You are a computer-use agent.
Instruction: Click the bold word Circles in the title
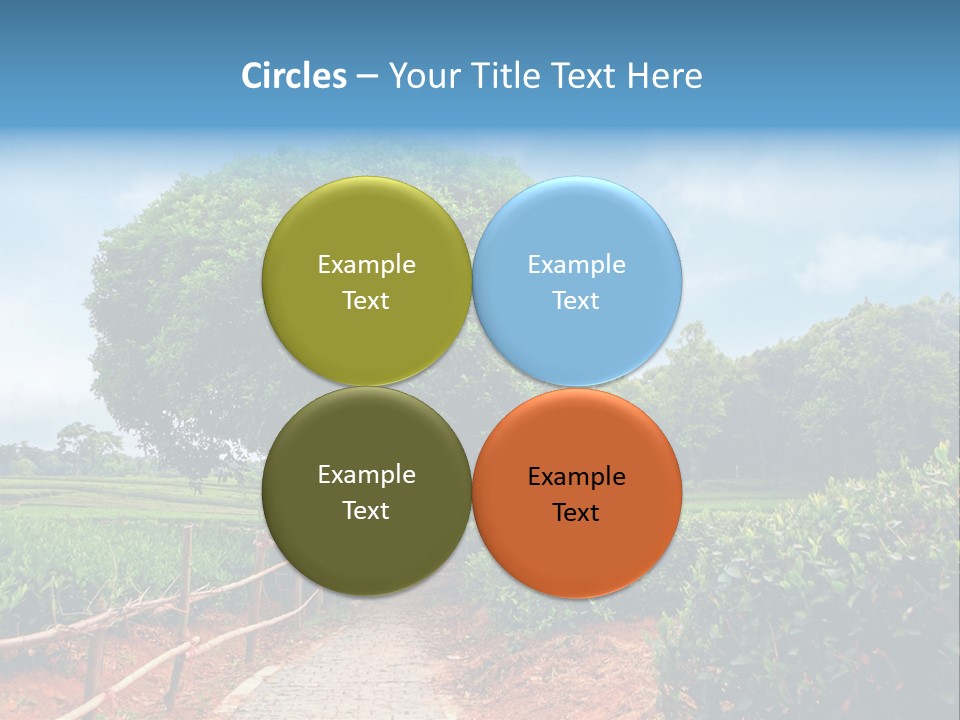pos(294,76)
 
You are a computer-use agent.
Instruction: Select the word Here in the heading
pos(665,76)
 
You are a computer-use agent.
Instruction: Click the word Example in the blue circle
pos(577,265)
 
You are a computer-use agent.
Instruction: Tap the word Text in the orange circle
pos(576,513)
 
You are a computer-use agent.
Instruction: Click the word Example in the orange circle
pos(577,477)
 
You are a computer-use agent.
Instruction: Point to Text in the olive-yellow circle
pos(366,301)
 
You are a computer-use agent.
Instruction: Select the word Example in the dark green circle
pos(367,475)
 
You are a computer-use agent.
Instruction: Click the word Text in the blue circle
pos(576,301)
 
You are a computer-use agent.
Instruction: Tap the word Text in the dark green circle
pos(366,511)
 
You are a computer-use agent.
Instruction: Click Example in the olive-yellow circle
pos(367,265)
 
